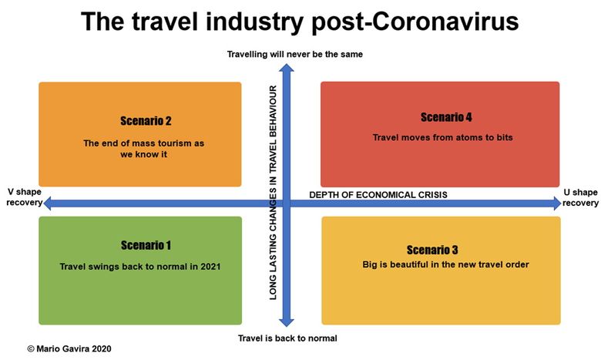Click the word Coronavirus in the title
click(445, 21)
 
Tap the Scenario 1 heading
click(146, 245)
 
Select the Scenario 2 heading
click(146, 121)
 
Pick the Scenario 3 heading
click(432, 250)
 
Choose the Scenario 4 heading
click(446, 117)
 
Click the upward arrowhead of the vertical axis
click(287, 68)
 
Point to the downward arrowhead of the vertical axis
click(287, 322)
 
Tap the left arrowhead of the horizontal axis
click(48, 204)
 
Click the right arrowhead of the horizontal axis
click(557, 204)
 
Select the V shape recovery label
click(24, 197)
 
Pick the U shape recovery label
click(580, 197)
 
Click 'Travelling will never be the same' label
click(295, 55)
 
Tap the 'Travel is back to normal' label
click(287, 338)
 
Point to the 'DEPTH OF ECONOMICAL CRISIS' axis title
click(378, 195)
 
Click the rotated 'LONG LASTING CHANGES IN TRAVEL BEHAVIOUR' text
click(273, 193)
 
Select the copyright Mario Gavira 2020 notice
click(69, 349)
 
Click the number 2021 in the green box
click(210, 267)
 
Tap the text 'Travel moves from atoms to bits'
click(443, 137)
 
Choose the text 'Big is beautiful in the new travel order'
click(445, 264)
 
